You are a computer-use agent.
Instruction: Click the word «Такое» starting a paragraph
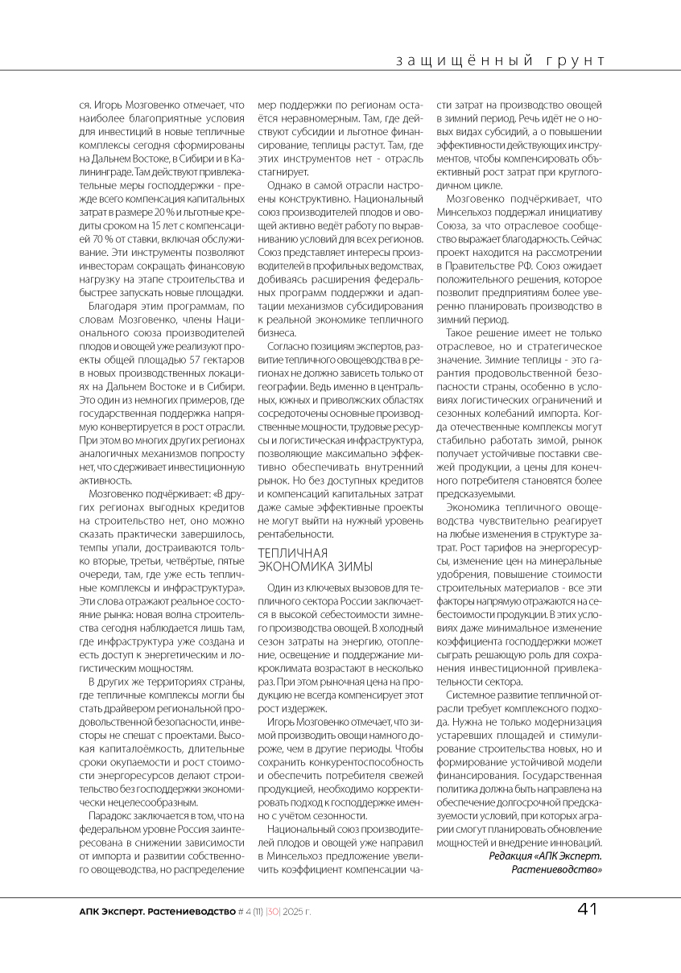[x=461, y=332]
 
